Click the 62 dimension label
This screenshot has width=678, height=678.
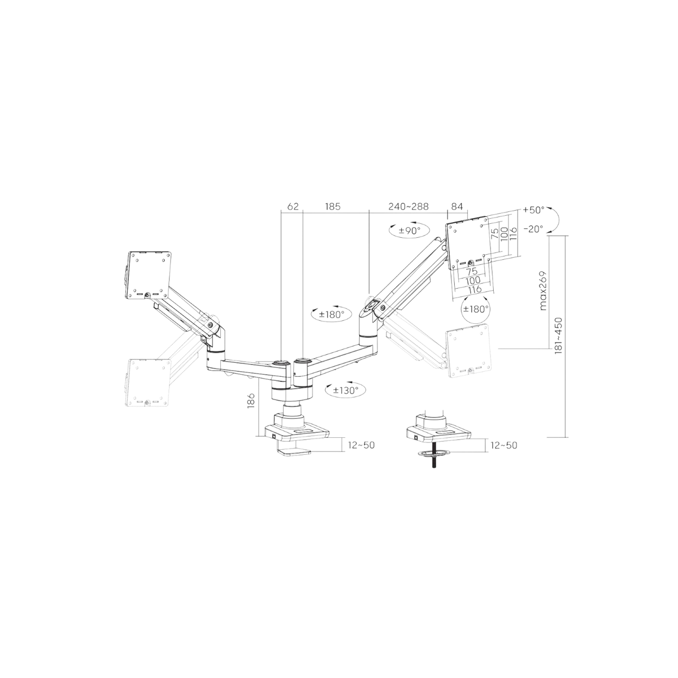[x=293, y=206]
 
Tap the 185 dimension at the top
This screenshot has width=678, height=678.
[x=332, y=206]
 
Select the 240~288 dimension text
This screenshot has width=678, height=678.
[x=408, y=206]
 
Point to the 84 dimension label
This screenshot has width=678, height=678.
[x=457, y=206]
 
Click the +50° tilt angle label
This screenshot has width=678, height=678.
[x=533, y=210]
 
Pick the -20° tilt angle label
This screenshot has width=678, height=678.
[x=533, y=229]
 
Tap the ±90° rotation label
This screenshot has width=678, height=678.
[x=410, y=231]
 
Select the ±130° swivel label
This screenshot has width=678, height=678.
[x=346, y=390]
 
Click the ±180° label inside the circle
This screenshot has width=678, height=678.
[x=476, y=309]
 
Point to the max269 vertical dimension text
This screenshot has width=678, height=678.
[x=544, y=290]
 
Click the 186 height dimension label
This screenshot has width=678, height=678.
[x=251, y=401]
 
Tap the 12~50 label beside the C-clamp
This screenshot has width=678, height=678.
[x=362, y=445]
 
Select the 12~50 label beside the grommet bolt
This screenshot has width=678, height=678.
[x=504, y=445]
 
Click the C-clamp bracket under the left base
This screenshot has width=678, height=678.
[x=294, y=452]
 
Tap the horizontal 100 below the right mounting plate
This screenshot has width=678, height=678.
[x=473, y=280]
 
